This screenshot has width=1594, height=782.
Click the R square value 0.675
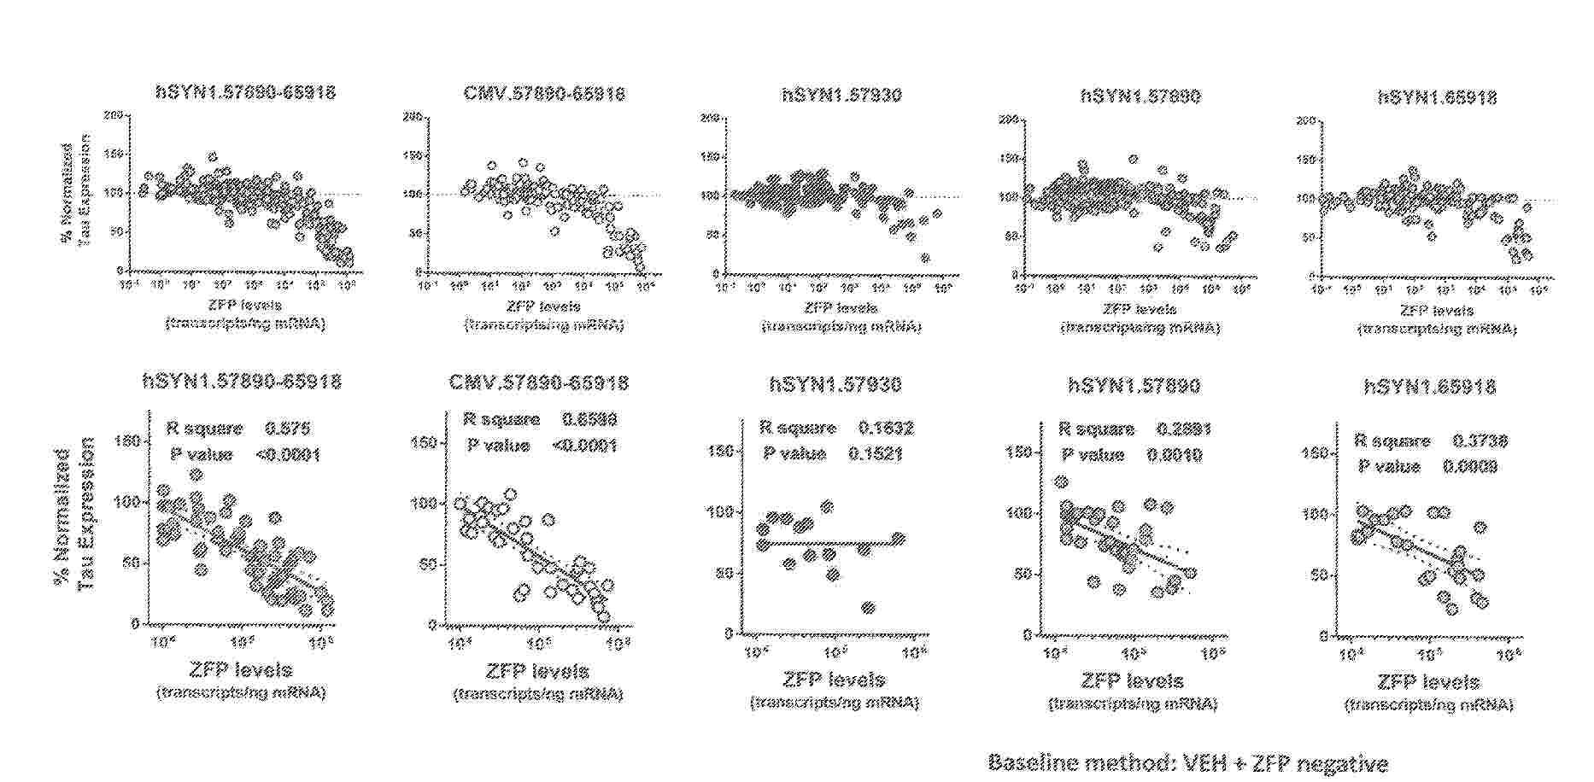coord(288,429)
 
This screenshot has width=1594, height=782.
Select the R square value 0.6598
coord(589,420)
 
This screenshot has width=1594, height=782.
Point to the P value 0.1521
coord(875,453)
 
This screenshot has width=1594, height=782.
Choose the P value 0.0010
coord(1175,455)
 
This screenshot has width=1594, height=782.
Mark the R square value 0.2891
coord(1184,429)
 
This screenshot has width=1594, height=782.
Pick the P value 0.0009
coord(1469,466)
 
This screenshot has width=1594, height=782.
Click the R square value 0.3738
coord(1480,441)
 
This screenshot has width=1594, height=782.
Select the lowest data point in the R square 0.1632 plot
coord(869,608)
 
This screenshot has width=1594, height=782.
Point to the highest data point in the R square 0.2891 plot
coord(1062,482)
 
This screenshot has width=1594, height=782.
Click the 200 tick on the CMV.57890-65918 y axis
coord(412,114)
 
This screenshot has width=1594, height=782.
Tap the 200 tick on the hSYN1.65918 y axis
coord(1304,120)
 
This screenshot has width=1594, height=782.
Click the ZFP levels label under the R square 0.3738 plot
coord(1428,683)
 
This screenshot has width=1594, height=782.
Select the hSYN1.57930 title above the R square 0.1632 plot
coord(835,385)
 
